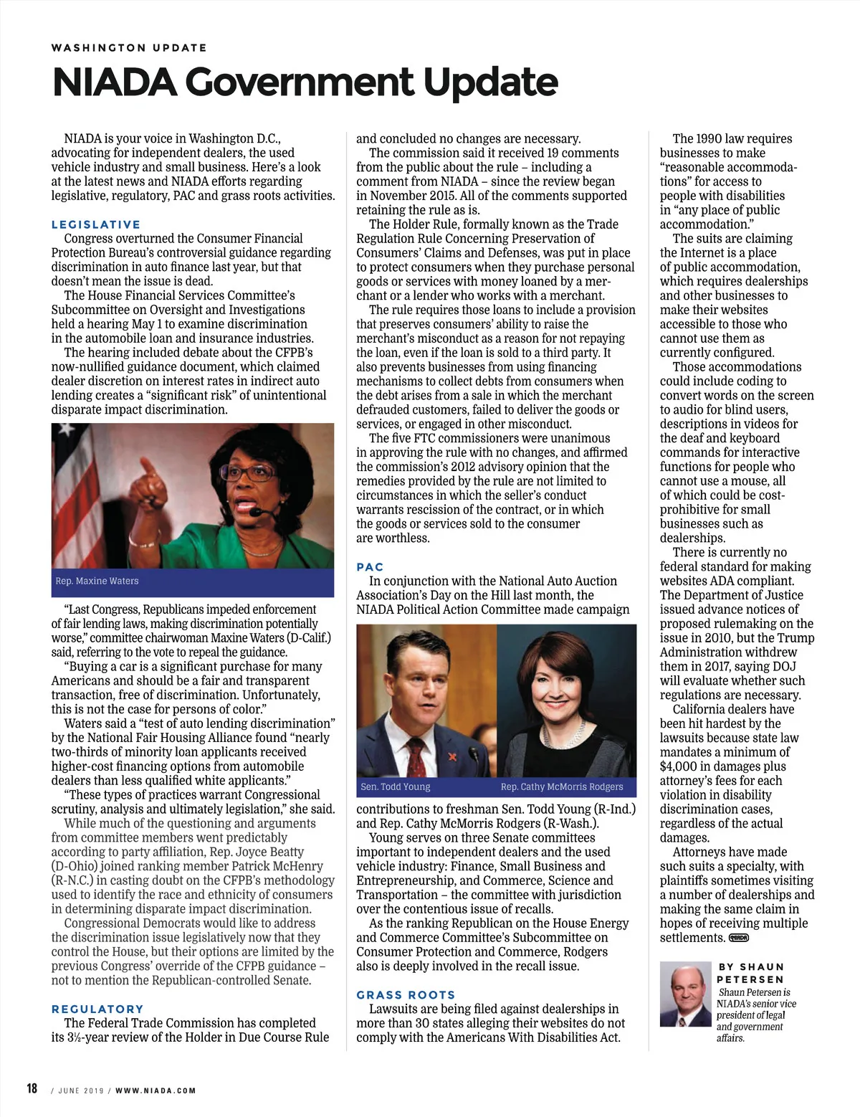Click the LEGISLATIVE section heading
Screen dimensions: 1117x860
tap(96, 224)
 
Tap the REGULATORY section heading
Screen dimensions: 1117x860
tap(97, 1009)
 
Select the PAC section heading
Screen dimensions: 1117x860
tap(370, 567)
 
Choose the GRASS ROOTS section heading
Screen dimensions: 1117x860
tap(406, 994)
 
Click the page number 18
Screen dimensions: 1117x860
tap(32, 1088)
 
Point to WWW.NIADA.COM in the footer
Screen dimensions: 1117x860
tap(156, 1090)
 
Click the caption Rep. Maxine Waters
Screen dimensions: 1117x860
tap(97, 581)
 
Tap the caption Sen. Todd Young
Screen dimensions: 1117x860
tap(396, 786)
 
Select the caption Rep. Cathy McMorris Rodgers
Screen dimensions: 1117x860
tap(562, 786)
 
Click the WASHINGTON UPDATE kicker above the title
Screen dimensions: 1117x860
tap(129, 48)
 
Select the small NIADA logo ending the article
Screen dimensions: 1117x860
tap(738, 938)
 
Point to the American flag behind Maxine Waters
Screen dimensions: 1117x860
tap(69, 488)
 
